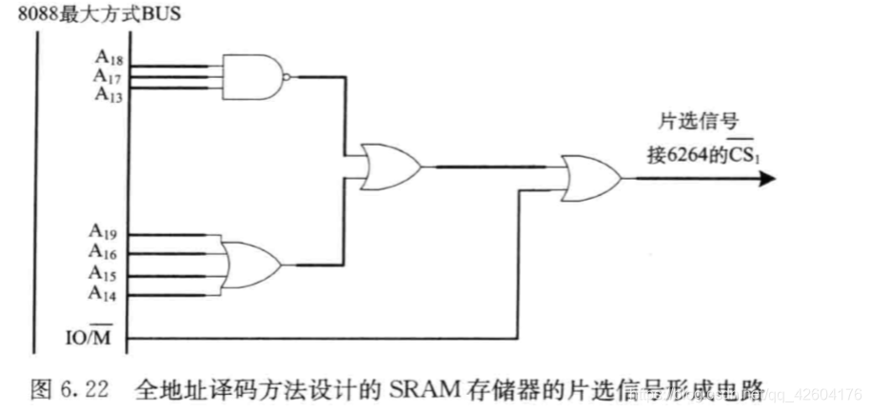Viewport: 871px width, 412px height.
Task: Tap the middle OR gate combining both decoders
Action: [x=388, y=166]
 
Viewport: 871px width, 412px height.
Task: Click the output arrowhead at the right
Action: [x=765, y=178]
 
